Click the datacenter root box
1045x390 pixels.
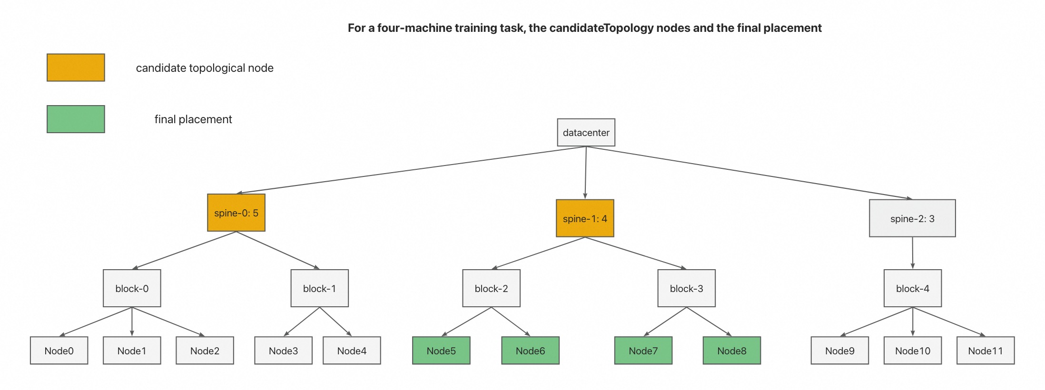coord(586,133)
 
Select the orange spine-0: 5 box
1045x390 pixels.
coord(236,213)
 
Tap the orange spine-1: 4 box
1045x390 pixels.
coord(585,218)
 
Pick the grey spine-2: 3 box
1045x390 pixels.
coord(912,218)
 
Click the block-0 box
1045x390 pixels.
coord(132,288)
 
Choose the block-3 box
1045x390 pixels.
coord(686,288)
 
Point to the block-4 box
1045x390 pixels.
coord(912,288)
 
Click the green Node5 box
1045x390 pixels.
coord(441,351)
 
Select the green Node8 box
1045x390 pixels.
coord(731,351)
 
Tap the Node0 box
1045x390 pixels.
coord(59,351)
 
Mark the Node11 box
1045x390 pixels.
coord(985,351)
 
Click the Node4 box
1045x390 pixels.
coord(352,351)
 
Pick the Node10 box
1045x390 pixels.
coord(912,351)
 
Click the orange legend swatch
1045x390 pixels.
coord(76,68)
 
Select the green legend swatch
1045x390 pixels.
coord(76,119)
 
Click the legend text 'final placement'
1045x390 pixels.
coord(193,119)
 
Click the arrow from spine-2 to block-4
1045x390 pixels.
coord(912,253)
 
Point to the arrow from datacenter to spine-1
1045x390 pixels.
coord(585,173)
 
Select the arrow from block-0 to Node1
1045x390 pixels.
coord(132,322)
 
